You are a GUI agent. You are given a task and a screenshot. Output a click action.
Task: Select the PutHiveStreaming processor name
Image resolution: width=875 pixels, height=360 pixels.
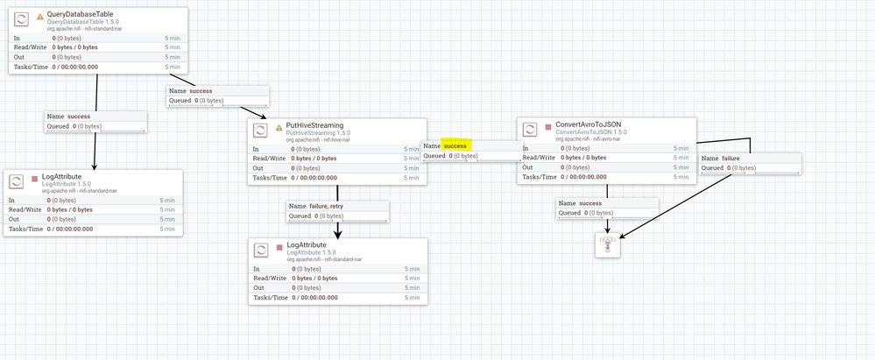[x=314, y=125]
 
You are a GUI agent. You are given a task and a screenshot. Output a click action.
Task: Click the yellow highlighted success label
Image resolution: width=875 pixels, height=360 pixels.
[x=455, y=145]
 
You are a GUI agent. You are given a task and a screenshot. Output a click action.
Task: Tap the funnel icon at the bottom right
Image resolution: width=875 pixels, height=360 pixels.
[x=608, y=245]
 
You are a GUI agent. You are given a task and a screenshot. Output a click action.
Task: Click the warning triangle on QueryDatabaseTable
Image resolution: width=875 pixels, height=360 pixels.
[x=39, y=16]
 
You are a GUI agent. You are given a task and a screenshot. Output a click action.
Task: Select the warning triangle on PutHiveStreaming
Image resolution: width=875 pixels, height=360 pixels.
[x=280, y=126]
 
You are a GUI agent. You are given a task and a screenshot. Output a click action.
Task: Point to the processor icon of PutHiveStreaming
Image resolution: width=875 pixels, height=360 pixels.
[x=261, y=131]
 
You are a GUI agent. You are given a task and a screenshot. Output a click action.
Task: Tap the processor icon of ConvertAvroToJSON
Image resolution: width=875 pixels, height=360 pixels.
[x=530, y=131]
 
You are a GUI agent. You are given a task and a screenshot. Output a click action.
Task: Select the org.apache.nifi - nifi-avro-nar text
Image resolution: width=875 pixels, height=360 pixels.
[x=588, y=138]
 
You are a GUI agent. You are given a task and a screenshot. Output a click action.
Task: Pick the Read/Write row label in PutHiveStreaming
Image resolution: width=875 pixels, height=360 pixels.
[x=271, y=158]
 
